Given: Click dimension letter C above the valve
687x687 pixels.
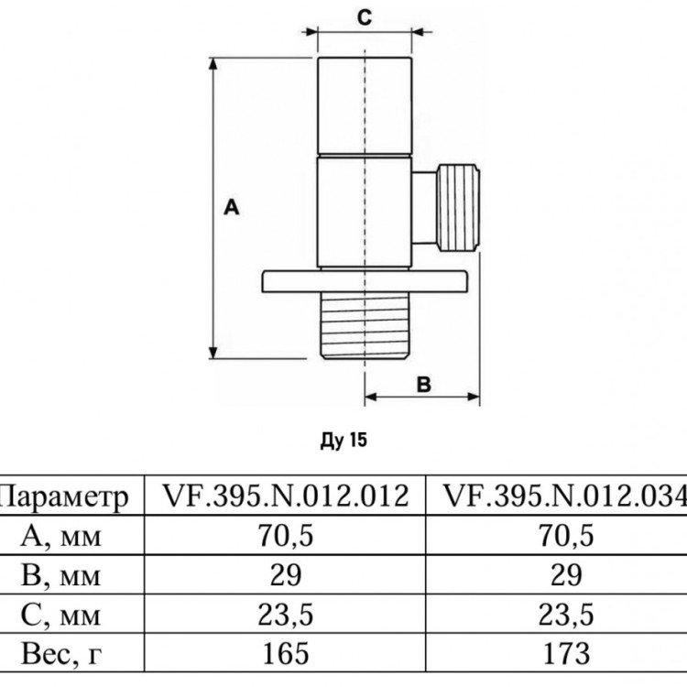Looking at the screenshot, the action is [365, 18].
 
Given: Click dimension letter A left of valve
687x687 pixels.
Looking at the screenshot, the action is [232, 207].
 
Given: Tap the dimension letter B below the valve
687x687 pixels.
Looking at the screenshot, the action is [423, 384].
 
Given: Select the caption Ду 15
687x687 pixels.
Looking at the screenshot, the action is [343, 440].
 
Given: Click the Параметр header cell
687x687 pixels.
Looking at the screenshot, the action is [63, 496].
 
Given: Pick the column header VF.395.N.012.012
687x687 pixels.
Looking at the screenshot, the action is [286, 496].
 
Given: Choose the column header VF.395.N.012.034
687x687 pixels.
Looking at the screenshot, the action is [565, 496].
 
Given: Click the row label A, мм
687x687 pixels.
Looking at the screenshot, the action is [60, 536].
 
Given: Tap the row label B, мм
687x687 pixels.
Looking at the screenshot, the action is [60, 575].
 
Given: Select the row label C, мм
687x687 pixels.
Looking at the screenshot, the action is [60, 615].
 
